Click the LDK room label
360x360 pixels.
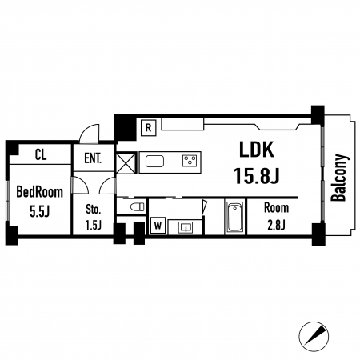coord(257,150)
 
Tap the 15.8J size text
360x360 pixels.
coord(256,176)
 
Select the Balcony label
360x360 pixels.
coord(339,178)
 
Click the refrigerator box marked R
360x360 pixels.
coord(148,128)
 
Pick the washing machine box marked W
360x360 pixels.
coord(158,226)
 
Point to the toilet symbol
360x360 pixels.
coord(138,206)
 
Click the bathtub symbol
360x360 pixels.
coord(235,218)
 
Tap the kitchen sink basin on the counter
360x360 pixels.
coord(154,162)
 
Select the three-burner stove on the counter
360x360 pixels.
coord(190,161)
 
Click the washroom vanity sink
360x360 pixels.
coord(186,227)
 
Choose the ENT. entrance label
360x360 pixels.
coord(93,158)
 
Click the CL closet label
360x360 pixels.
coord(41,154)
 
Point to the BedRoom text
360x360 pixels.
coord(40,192)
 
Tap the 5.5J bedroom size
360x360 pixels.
coord(40,212)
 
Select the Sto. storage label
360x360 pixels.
coord(94,210)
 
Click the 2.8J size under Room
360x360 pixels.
coord(276,226)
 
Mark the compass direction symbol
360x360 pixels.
coord(314,337)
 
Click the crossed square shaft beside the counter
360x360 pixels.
coord(126,162)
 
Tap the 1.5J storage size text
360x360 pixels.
coord(94,226)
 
